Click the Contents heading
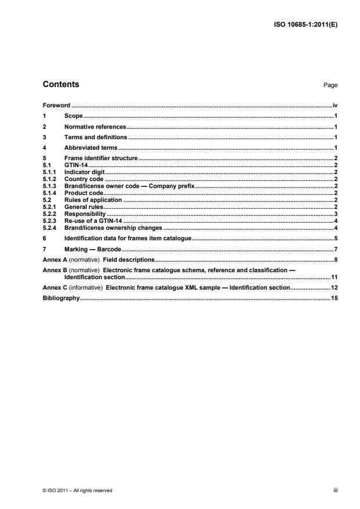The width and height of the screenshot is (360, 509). pyautogui.click(x=61, y=85)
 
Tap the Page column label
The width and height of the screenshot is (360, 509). pyautogui.click(x=330, y=85)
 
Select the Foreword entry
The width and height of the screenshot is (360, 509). pyautogui.click(x=56, y=106)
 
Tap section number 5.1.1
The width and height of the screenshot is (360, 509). pyautogui.click(x=49, y=172)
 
